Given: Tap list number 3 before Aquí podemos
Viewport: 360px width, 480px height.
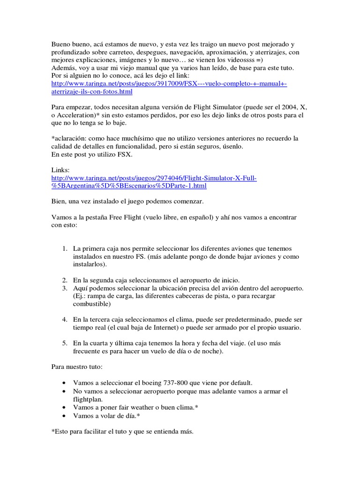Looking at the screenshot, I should point(65,287).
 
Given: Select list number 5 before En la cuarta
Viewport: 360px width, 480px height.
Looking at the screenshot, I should point(65,343).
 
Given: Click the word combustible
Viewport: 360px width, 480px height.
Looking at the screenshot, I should point(92,304).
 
